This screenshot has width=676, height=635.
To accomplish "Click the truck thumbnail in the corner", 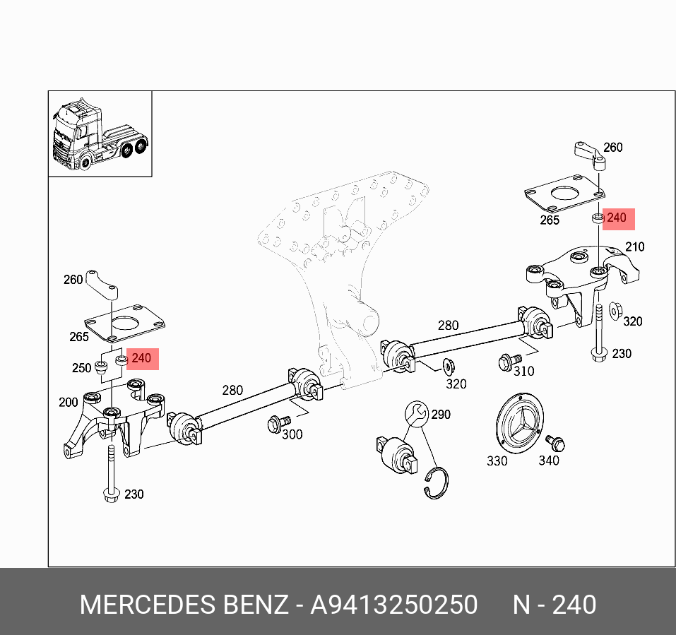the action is click(x=100, y=133).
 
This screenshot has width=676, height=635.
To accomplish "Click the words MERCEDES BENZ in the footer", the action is click(x=184, y=605).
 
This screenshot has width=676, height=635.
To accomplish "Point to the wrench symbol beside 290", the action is click(x=416, y=413).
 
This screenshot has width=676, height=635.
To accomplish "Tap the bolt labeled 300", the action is click(x=275, y=424).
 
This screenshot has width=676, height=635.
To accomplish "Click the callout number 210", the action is click(x=634, y=247).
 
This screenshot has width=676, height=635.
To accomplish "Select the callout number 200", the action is click(x=69, y=403).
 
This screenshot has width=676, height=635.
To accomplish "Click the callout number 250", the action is click(x=82, y=368).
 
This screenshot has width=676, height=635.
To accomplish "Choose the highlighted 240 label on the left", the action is click(x=141, y=359).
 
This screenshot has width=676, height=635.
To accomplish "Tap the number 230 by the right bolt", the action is click(x=622, y=353).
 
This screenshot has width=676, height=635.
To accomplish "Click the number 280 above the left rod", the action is click(x=232, y=390).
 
